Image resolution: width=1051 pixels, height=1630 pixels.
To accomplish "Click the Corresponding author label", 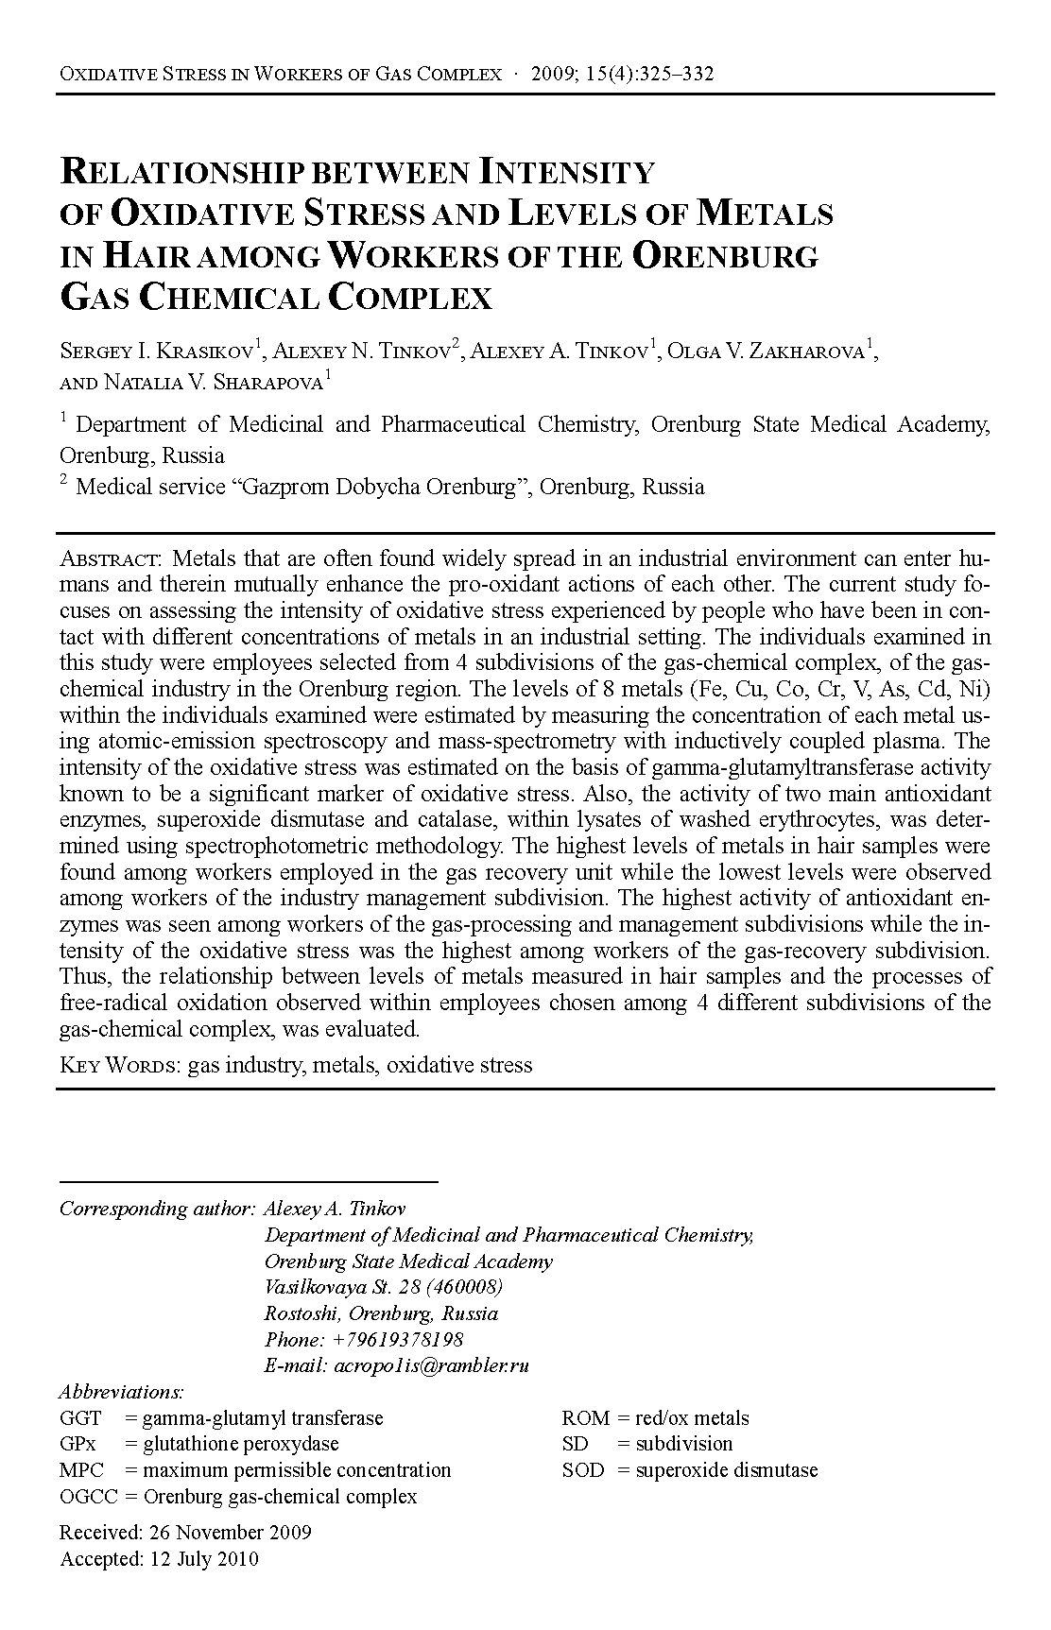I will [x=157, y=1209].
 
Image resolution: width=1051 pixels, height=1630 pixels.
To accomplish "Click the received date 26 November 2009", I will [x=230, y=1532].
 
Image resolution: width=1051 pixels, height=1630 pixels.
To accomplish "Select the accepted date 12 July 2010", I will [x=203, y=1558].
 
